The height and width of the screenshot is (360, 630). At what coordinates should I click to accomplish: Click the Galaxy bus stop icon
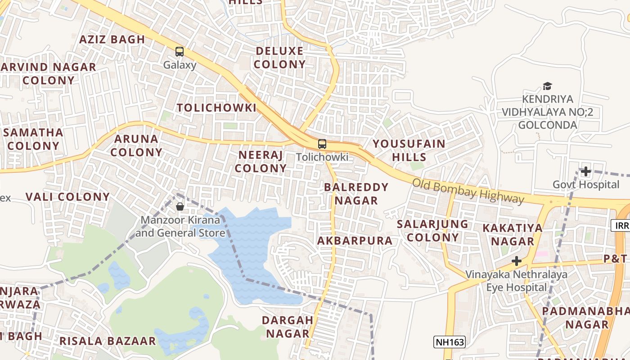pos(180,52)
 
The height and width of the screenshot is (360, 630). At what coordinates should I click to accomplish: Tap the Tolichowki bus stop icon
pos(322,144)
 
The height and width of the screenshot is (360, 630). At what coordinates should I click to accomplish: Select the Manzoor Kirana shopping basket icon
pos(180,207)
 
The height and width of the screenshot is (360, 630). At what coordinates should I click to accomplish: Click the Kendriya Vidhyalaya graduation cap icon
pos(547,86)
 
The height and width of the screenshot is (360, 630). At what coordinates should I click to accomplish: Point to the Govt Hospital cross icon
pos(585,171)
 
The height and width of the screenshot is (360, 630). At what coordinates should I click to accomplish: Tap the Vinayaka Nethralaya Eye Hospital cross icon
pos(517,261)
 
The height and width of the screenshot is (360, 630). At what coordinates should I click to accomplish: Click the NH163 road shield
pos(450,342)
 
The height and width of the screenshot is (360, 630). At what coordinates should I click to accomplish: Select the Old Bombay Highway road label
pos(468,191)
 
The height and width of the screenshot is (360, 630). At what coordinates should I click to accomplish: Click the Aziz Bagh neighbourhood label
pos(112,39)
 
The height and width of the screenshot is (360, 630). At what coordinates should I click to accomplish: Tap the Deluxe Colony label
pos(279,58)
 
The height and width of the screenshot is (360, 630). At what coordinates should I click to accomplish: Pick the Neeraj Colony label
pos(261,162)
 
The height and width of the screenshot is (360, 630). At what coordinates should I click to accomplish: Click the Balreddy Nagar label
pos(356,193)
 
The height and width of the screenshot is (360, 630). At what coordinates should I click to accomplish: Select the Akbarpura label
pos(355,241)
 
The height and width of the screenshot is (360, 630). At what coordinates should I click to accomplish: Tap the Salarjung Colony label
pos(432,230)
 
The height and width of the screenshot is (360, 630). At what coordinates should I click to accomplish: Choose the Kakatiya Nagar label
pos(513,234)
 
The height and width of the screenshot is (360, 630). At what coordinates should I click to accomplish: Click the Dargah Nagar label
pos(288,327)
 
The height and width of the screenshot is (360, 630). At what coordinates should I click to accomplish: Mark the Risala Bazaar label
pos(108,341)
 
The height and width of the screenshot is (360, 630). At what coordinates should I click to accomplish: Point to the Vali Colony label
pos(67,197)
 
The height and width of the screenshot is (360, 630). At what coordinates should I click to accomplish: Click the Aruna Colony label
pos(136,145)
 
